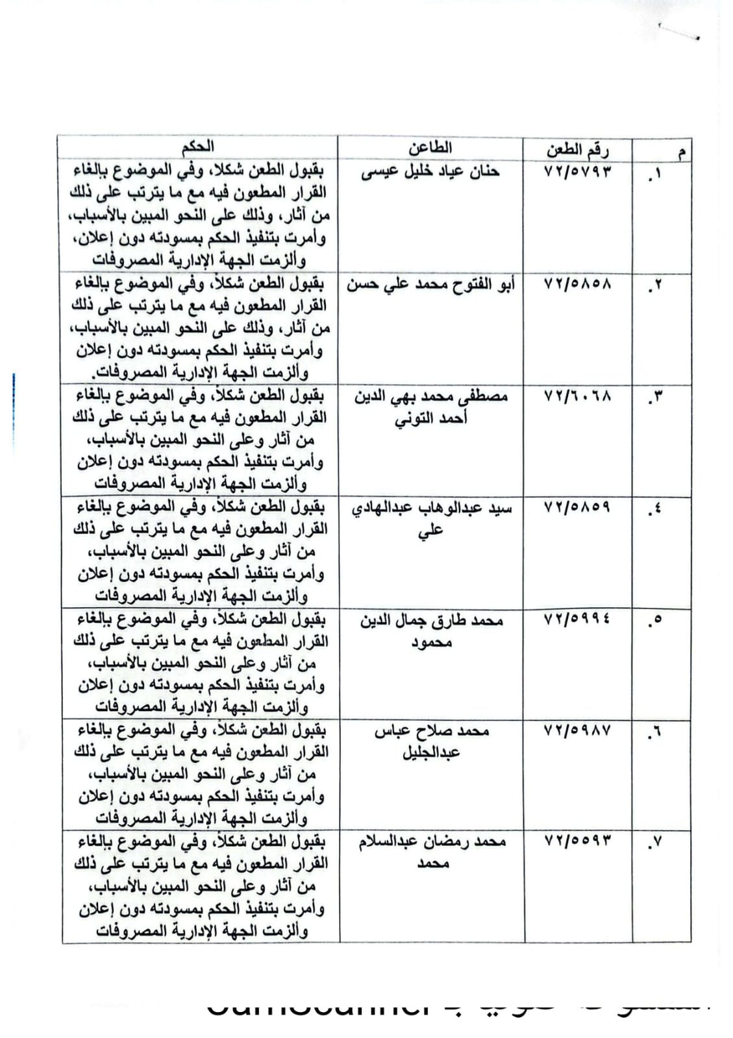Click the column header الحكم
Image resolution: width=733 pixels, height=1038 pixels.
point(198,147)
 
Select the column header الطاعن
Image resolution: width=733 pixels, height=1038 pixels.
point(430,148)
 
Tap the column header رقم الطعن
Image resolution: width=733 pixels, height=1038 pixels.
point(577,151)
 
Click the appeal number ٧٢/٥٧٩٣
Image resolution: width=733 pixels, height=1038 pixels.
point(577,172)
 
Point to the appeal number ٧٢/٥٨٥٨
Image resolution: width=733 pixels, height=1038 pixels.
point(577,284)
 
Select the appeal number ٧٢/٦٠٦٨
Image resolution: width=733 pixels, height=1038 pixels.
point(577,395)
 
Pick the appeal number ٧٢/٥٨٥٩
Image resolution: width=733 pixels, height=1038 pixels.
point(577,507)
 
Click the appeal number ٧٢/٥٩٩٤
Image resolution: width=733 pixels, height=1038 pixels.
point(577,620)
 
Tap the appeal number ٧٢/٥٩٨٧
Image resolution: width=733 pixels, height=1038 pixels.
point(577,730)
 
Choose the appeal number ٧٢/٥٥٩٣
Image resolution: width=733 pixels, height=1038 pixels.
point(577,841)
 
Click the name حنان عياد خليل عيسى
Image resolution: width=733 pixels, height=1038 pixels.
point(430,171)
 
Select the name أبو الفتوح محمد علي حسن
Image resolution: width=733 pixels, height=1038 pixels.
point(430,284)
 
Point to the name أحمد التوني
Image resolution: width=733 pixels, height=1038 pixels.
point(430,418)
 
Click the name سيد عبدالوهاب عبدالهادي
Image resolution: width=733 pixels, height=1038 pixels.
point(431,508)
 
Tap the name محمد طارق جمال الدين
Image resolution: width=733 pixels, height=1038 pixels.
point(431,620)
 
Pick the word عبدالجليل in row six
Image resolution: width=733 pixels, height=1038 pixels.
point(431,753)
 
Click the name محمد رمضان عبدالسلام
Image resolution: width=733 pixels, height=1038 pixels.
point(432,842)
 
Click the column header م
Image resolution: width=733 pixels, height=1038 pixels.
point(680,154)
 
